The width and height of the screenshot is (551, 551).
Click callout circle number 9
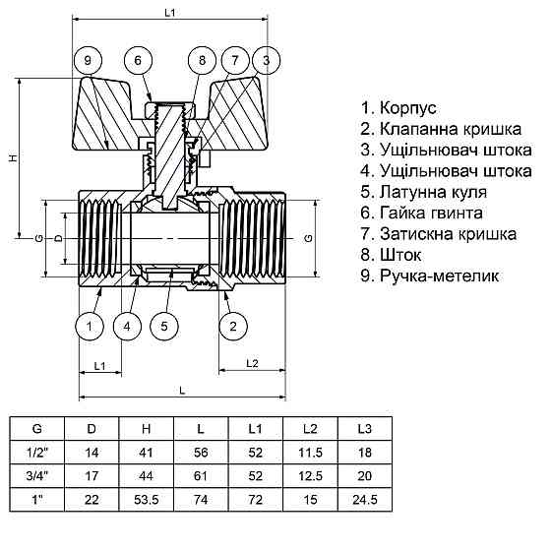click(x=89, y=61)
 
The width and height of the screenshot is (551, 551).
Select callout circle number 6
click(x=138, y=61)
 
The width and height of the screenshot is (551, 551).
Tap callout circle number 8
click(x=202, y=61)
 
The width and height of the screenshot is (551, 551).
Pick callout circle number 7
click(x=234, y=61)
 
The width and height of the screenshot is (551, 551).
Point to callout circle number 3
click(x=267, y=61)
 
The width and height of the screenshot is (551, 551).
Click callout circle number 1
click(x=90, y=325)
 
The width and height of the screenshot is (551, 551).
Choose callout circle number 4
click(x=126, y=325)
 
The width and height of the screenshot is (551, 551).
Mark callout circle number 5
click(x=165, y=325)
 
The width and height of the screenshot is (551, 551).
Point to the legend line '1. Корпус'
click(x=398, y=107)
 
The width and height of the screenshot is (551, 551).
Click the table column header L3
click(x=364, y=430)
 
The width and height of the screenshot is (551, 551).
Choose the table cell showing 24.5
click(x=364, y=501)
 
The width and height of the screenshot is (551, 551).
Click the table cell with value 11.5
click(x=310, y=454)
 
